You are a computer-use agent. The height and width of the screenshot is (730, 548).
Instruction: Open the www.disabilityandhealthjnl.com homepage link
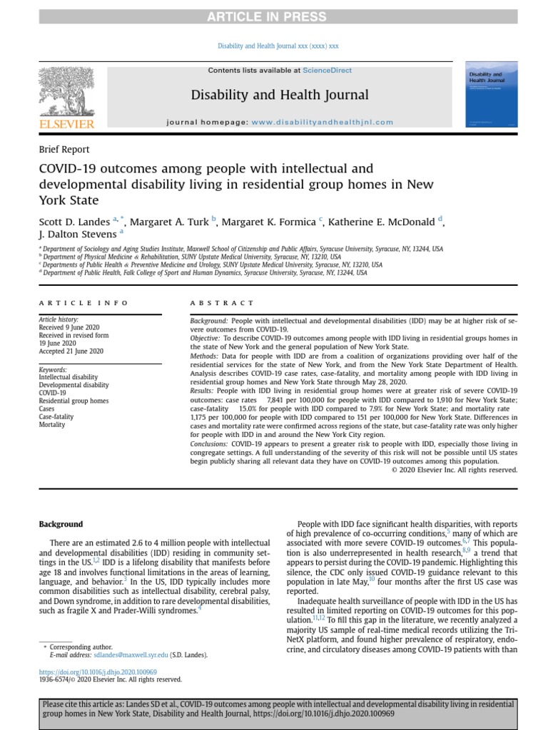click(322, 122)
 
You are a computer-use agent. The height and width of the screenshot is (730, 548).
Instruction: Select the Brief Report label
click(64, 150)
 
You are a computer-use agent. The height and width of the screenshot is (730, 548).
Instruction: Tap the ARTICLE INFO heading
click(83, 303)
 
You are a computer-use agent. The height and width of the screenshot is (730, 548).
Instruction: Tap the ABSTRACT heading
click(222, 303)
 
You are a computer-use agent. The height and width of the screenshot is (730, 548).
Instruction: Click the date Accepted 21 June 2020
click(71, 351)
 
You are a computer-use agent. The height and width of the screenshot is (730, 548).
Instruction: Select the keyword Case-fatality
click(57, 416)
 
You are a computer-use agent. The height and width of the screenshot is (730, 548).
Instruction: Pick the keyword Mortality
click(52, 425)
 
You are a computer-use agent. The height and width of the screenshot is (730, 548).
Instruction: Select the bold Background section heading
click(61, 525)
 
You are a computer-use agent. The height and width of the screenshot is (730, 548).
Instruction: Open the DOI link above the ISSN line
click(98, 672)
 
